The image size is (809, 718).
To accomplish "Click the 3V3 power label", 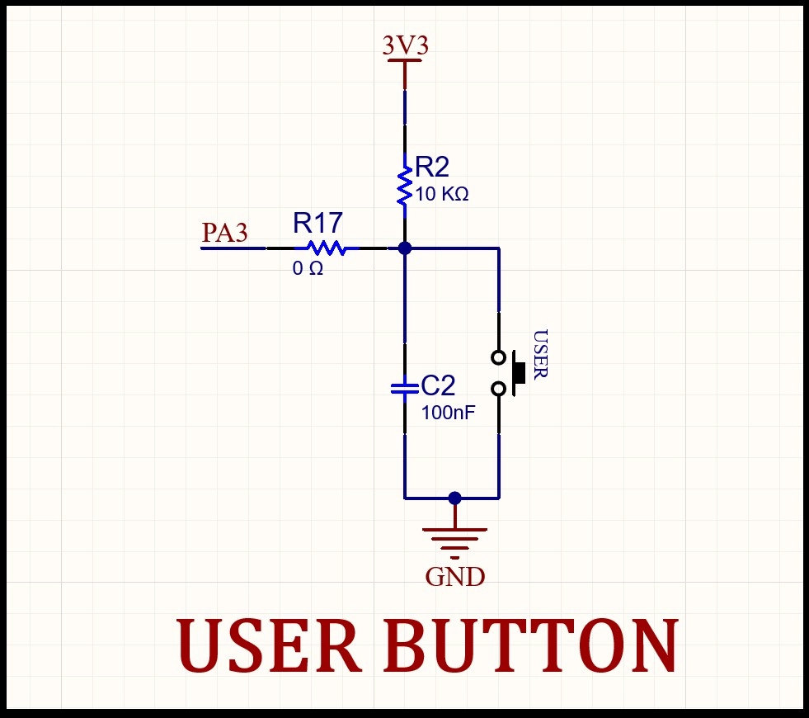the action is pos(405,45).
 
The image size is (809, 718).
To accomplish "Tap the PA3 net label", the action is pos(224,232).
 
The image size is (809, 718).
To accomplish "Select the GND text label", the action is pos(454,577).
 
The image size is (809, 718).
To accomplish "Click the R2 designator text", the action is pos(432,167).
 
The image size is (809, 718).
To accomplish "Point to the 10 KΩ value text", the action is pos(442,194).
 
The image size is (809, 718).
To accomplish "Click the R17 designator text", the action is pos(317,223).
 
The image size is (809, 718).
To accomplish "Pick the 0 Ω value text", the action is pos(308,268).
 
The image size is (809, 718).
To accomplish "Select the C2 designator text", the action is pos(438,385).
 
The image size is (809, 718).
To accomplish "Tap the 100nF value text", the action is pos(448,413).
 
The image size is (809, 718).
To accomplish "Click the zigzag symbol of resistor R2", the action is pos(404,187).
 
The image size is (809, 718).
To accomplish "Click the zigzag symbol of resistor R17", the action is pos(327,248).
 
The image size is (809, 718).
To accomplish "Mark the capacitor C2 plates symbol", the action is pos(404,389).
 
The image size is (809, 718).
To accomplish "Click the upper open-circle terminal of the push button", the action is pos(498,357).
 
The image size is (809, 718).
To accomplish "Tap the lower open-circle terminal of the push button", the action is pos(498,389).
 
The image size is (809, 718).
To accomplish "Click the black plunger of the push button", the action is pos(519,373).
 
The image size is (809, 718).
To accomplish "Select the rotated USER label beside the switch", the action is pos(540,355).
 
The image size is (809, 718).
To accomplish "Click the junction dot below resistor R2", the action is pos(404,248).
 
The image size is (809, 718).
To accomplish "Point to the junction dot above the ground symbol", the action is pos(454,498).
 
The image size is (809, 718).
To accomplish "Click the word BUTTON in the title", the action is pos(531,645).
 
